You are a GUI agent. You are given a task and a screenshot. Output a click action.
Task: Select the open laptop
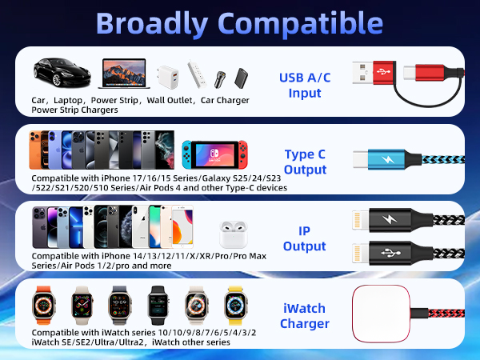tap(126, 75)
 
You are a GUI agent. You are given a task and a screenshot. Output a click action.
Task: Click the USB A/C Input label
tap(305, 86)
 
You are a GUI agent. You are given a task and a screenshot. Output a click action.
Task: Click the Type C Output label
tap(305, 162)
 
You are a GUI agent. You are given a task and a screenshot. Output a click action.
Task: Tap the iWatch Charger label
tap(305, 315)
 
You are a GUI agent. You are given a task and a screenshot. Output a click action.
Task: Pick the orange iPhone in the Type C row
tap(39, 150)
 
